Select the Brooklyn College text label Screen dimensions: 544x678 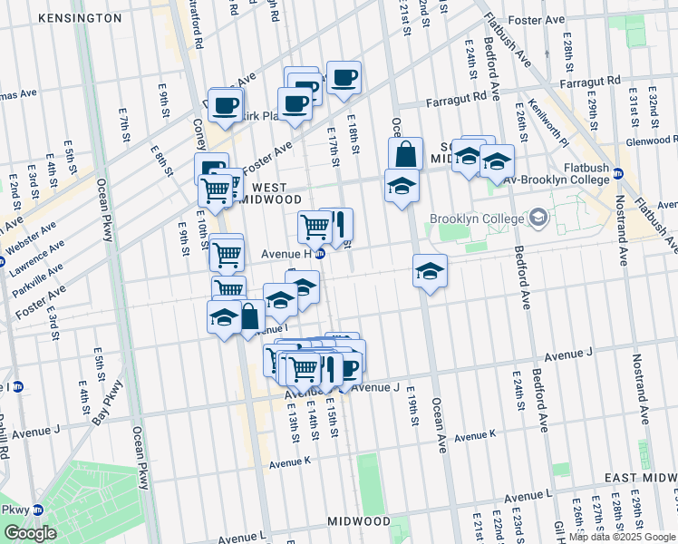(x=477, y=219)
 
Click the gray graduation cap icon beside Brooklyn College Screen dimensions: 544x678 (x=539, y=217)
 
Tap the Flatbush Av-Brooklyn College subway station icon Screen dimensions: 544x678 (x=618, y=173)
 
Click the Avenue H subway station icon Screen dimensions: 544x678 (x=319, y=254)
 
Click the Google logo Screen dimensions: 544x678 (x=30, y=533)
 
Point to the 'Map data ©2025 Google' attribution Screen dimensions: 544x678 (x=621, y=537)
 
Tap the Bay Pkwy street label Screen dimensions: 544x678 (x=108, y=403)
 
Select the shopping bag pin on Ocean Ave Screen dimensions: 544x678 (x=405, y=154)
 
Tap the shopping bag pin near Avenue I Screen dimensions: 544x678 (x=250, y=316)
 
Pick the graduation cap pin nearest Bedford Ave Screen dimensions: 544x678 (x=496, y=161)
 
